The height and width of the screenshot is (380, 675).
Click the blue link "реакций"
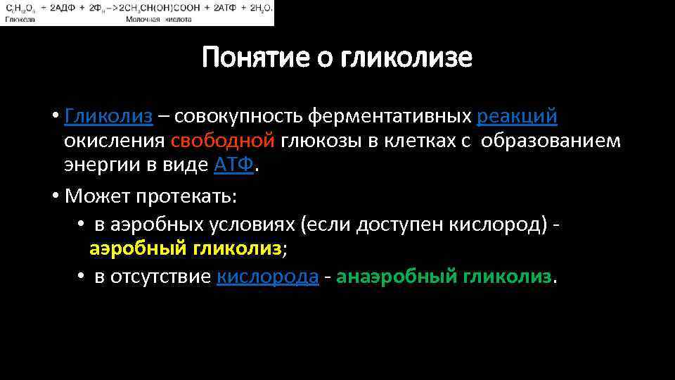517,115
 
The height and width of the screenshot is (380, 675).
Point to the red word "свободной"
223,141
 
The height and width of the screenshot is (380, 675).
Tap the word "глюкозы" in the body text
321,141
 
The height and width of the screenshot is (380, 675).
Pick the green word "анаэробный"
397,277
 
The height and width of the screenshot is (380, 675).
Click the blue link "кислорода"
268,277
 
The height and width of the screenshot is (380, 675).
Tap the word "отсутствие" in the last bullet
164,277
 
